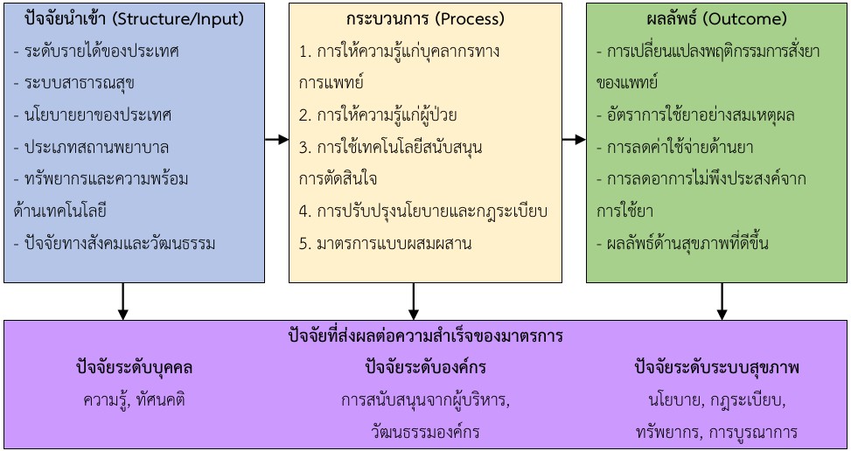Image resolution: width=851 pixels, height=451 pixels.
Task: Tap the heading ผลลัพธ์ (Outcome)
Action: [716, 18]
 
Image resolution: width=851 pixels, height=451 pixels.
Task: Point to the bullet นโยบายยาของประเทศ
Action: [94, 114]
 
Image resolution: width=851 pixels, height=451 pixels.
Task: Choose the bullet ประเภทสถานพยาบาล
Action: [92, 147]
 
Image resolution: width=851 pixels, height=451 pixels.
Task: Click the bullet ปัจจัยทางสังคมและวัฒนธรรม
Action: [115, 242]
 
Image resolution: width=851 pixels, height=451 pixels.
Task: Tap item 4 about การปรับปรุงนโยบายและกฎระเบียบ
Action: [423, 211]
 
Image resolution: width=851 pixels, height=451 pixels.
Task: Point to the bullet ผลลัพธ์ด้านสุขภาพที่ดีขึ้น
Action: [682, 242]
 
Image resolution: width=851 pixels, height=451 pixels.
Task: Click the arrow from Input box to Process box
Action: [276, 140]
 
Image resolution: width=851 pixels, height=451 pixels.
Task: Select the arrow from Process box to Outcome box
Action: [574, 140]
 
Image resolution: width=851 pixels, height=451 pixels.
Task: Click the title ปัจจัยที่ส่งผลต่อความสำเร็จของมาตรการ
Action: [426, 336]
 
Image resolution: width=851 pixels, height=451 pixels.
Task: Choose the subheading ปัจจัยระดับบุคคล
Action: [134, 368]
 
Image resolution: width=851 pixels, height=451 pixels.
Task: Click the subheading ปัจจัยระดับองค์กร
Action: [426, 368]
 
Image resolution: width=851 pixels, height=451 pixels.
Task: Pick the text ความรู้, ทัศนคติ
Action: [134, 400]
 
